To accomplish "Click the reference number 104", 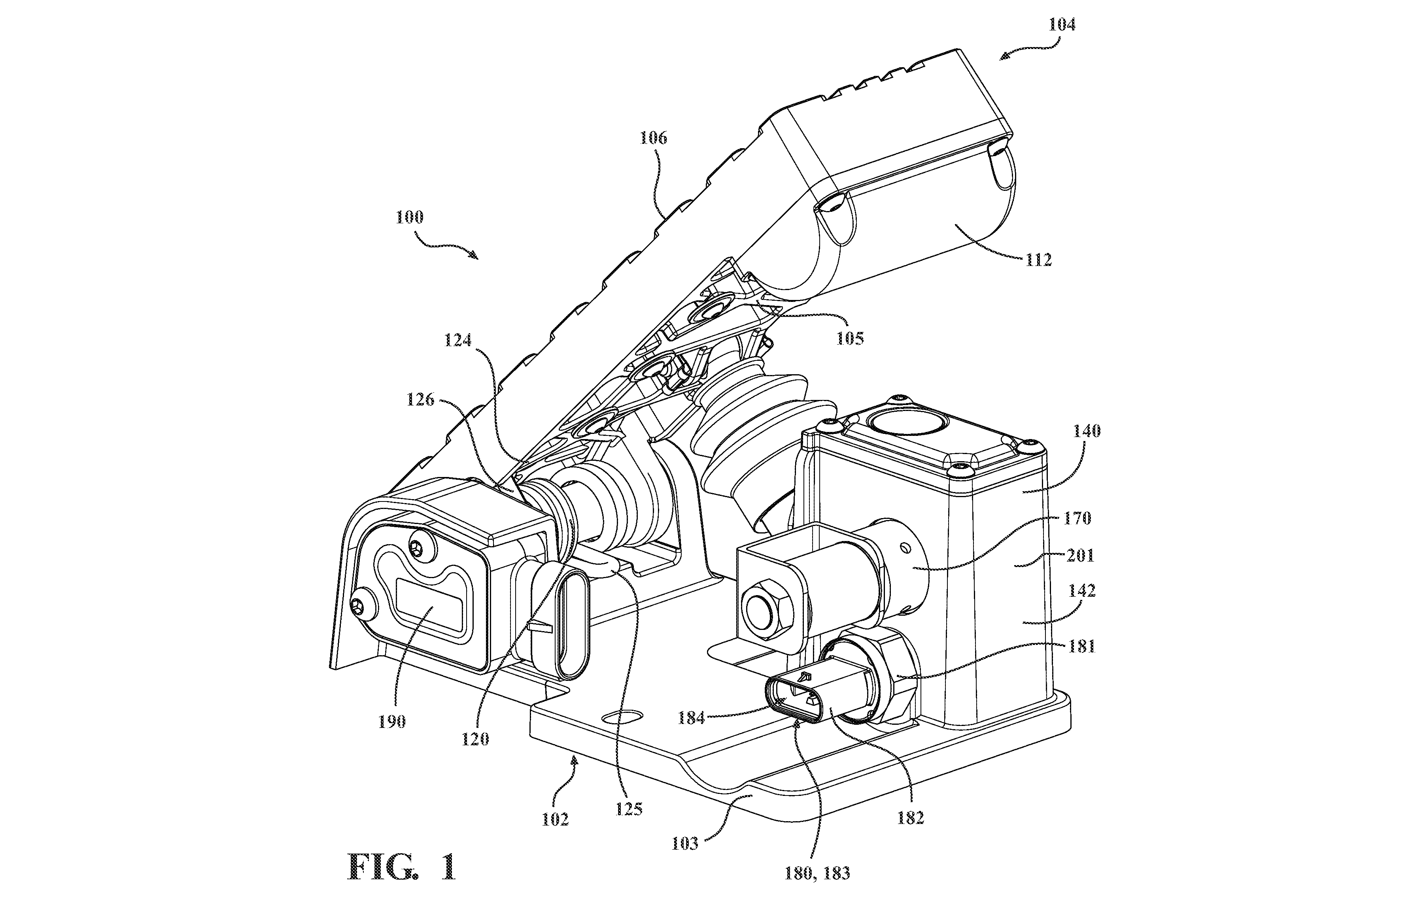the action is (1062, 25).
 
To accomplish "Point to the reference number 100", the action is (409, 217).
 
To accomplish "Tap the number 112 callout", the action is (1038, 260).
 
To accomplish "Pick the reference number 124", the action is (458, 340).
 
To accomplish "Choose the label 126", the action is (420, 400).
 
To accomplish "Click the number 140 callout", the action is (1086, 431).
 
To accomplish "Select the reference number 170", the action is (1077, 518).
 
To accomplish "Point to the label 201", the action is (1080, 556).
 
